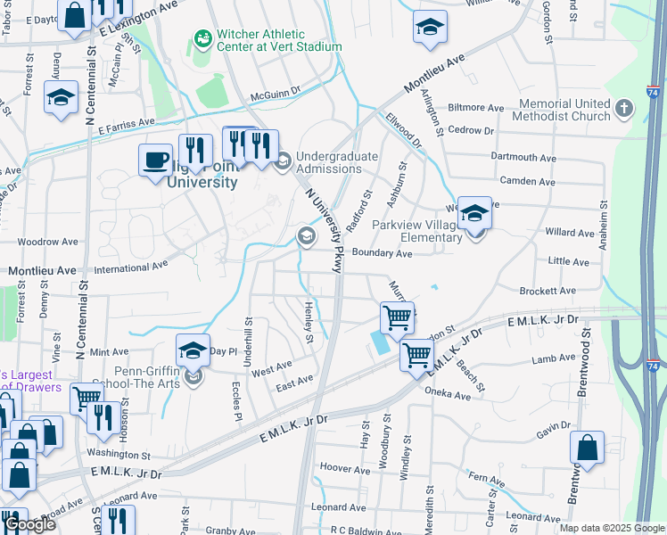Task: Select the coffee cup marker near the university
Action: point(156,160)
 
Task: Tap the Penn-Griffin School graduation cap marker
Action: point(193,351)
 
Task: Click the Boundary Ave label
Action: point(382,253)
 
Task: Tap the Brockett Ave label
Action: point(548,292)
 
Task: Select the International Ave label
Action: point(131,266)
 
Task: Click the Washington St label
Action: point(119,455)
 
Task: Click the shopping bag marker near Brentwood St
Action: point(587,449)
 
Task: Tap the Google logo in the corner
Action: point(29,524)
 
